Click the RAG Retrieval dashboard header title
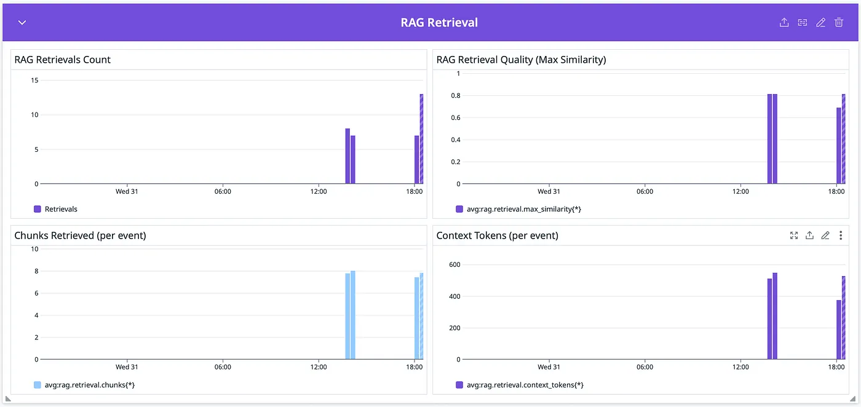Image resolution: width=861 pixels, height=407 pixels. pos(439,23)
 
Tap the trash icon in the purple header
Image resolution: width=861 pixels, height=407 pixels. pos(839,23)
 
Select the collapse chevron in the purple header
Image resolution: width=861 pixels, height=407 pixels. pos(22,23)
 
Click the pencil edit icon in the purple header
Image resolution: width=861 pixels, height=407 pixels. pos(820,23)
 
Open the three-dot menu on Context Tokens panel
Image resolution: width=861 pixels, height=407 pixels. pos(841,235)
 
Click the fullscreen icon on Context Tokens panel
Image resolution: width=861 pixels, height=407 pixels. pos(794,235)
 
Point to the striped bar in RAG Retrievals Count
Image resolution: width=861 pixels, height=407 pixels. pos(421,139)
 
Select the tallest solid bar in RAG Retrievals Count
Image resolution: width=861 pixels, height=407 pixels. pos(347,156)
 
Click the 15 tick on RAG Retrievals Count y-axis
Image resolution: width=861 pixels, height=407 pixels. pos(34,80)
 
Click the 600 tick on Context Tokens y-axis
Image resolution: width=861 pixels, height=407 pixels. pos(454,264)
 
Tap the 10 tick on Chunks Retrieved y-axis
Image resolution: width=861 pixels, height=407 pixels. pos(34,249)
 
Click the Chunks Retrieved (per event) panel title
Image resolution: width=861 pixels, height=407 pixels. pos(80,235)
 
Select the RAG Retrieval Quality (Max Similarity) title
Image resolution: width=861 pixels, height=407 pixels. pos(521,60)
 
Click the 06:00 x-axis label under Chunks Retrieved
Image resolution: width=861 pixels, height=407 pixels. pos(223,367)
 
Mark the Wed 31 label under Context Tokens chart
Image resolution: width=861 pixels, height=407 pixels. pos(549,367)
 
